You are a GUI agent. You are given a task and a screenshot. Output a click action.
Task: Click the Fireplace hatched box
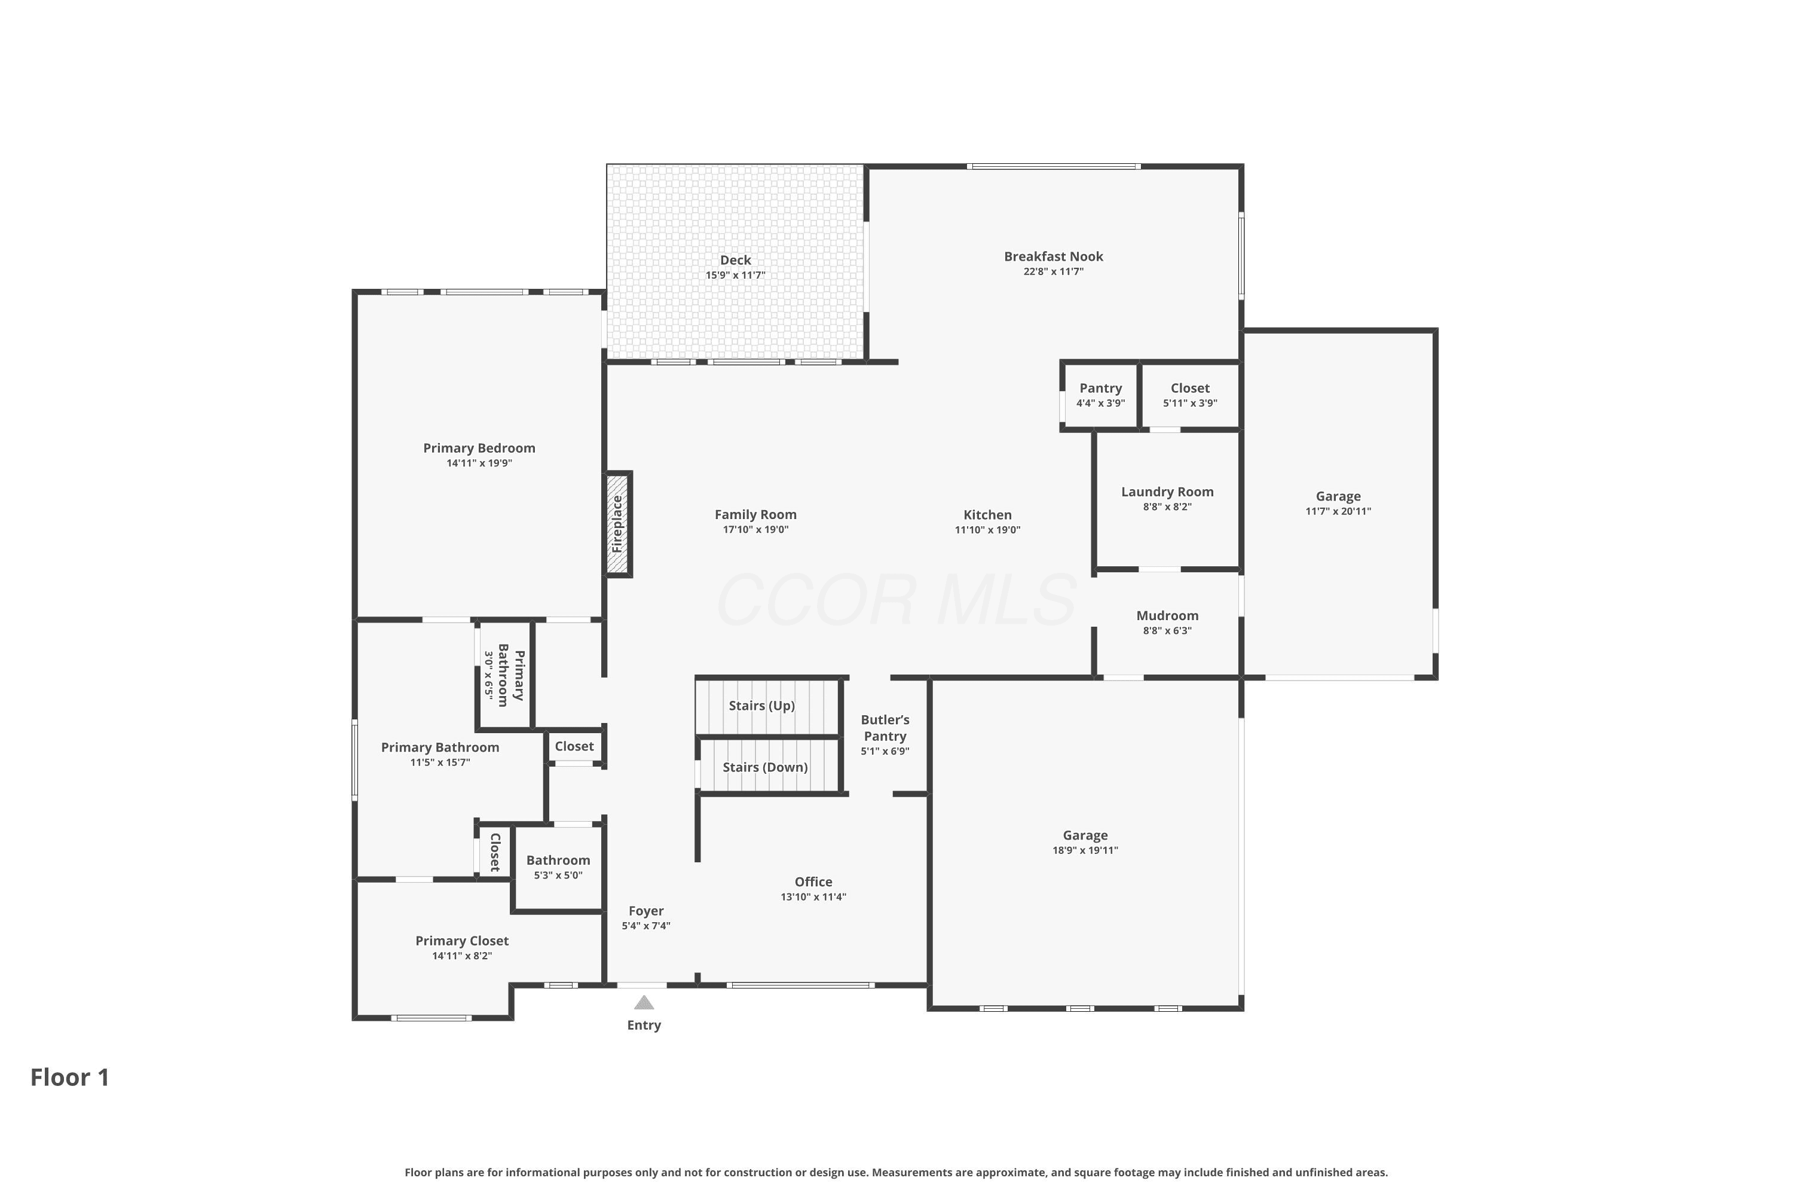(618, 524)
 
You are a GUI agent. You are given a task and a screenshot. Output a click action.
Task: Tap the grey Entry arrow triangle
(644, 1002)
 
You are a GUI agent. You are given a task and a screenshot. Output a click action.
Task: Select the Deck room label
(736, 260)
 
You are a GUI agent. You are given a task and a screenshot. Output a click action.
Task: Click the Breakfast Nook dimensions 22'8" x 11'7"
(1054, 271)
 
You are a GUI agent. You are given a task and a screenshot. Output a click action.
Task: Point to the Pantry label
(1101, 388)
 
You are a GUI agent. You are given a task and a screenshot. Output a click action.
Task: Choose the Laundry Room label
(1167, 492)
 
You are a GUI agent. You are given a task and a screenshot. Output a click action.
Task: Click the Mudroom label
(1167, 615)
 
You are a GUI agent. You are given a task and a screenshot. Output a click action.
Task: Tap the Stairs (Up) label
(761, 706)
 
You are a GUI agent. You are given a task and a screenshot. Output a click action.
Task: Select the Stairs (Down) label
(764, 767)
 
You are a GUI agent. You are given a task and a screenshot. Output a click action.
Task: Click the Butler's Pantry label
(885, 728)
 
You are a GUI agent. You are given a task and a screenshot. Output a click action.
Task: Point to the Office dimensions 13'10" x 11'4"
(813, 897)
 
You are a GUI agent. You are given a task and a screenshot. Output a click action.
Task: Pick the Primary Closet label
(462, 941)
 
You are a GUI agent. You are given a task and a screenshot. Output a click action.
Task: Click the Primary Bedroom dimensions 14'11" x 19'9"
(479, 463)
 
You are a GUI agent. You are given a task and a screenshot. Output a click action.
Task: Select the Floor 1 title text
(70, 1077)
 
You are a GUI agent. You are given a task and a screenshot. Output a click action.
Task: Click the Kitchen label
(987, 515)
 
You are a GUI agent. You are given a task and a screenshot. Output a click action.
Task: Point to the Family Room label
(755, 515)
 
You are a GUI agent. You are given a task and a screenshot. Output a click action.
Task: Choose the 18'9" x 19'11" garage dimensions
(1085, 850)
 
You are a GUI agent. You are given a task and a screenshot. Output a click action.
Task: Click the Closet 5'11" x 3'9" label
(1190, 395)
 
